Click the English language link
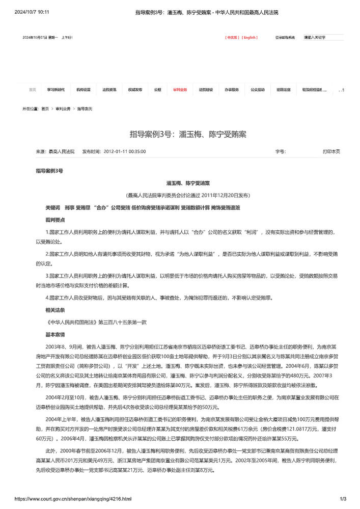tap(250, 37)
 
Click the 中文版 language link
tap(232, 37)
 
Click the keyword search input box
tap(323, 37)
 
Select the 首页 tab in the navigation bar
tap(32, 90)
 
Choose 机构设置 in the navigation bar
tap(84, 90)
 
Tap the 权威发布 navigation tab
tap(135, 90)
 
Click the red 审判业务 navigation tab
tap(180, 90)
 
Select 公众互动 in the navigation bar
tap(257, 90)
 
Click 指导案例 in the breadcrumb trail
tap(85, 109)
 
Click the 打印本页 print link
tap(331, 151)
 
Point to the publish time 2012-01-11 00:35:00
tap(125, 151)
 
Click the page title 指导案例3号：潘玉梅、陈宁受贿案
tap(188, 135)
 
